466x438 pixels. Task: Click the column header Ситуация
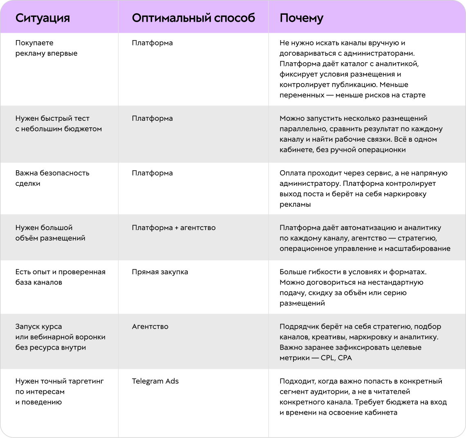(x=43, y=18)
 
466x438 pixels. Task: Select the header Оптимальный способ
(x=193, y=18)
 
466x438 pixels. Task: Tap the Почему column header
(x=301, y=18)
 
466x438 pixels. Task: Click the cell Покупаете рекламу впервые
(x=46, y=48)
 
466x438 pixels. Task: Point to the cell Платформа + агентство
(x=174, y=228)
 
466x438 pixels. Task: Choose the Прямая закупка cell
(x=160, y=272)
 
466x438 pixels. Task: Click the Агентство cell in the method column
(x=150, y=326)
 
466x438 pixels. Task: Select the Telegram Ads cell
(x=155, y=381)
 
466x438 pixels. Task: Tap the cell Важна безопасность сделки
(x=52, y=178)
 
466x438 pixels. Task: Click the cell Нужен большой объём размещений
(x=50, y=233)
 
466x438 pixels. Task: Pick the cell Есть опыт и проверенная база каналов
(x=60, y=277)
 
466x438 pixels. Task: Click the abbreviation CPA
(x=345, y=358)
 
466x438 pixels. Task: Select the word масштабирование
(x=417, y=249)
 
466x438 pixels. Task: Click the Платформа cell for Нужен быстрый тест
(x=152, y=118)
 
